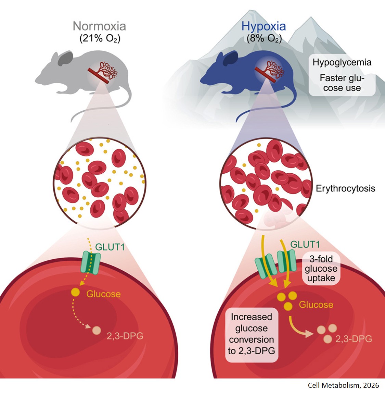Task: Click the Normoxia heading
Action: pyautogui.click(x=99, y=26)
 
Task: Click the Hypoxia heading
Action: pyautogui.click(x=264, y=26)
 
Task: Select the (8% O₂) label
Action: pyautogui.click(x=264, y=38)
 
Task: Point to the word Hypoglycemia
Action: pyautogui.click(x=342, y=62)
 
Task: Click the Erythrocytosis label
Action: pyautogui.click(x=345, y=188)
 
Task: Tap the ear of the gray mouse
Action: pyautogui.click(x=65, y=59)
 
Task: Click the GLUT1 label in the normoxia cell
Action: pyautogui.click(x=110, y=247)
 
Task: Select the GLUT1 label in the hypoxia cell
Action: pyautogui.click(x=305, y=244)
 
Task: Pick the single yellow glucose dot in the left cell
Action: pyautogui.click(x=75, y=293)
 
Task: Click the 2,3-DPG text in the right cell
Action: pyautogui.click(x=354, y=339)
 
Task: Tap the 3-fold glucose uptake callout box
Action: pyautogui.click(x=321, y=268)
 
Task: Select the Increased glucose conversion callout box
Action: pyautogui.click(x=252, y=334)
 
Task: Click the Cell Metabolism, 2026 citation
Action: pyautogui.click(x=343, y=385)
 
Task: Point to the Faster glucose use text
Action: pyautogui.click(x=342, y=83)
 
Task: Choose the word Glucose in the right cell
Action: pyautogui.click(x=316, y=305)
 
